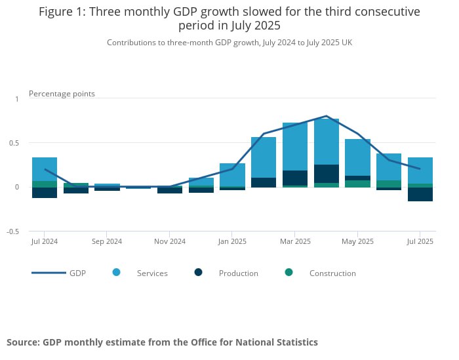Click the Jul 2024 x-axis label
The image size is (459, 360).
(44, 241)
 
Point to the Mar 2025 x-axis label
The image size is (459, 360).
(294, 241)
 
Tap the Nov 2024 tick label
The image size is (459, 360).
(169, 241)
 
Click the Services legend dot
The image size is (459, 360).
(117, 272)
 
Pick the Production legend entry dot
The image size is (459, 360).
(199, 272)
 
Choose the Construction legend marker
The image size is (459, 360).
(289, 272)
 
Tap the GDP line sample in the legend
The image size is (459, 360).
(49, 273)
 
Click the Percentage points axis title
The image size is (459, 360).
(62, 94)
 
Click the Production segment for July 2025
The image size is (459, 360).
(420, 194)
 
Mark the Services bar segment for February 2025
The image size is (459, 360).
(263, 157)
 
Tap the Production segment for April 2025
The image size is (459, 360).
(326, 174)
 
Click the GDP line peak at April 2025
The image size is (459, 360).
(326, 116)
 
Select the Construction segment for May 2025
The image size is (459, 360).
(357, 184)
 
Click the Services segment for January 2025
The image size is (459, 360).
(232, 174)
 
